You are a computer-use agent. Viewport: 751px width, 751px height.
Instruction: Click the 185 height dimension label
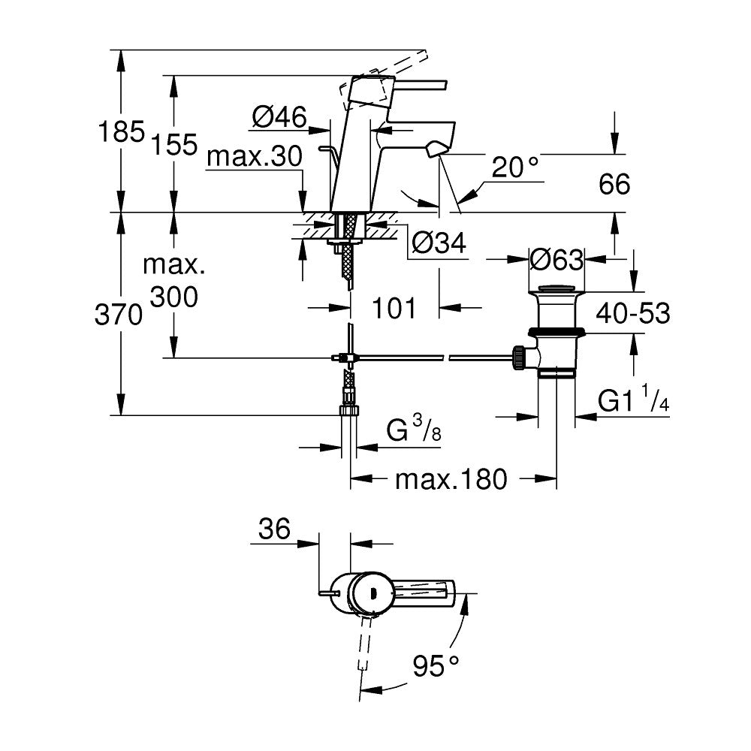[x=120, y=133]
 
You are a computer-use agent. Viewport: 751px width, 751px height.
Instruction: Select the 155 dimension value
[x=174, y=143]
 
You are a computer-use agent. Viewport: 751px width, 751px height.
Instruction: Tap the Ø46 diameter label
[x=279, y=116]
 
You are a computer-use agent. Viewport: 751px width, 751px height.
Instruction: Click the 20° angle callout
[x=516, y=168]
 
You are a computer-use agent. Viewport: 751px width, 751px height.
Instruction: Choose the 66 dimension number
[x=614, y=184]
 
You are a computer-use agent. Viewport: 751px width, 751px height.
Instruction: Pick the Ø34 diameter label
[x=439, y=242]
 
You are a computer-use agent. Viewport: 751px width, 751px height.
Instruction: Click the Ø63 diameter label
[x=556, y=260]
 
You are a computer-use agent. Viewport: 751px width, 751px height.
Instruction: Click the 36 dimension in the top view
[x=274, y=529]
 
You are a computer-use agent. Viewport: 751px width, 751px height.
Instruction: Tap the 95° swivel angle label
[x=436, y=664]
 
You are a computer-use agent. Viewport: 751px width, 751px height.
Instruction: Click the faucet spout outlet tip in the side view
[x=434, y=152]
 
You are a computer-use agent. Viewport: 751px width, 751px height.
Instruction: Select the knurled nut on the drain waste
[x=517, y=358]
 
